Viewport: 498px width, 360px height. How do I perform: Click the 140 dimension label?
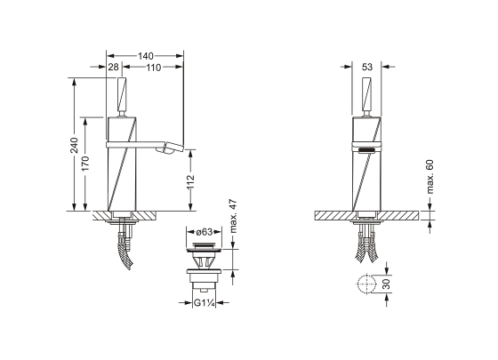[x=146, y=56]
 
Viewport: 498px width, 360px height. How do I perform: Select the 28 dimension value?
[x=114, y=67]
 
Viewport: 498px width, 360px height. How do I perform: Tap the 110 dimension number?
[x=154, y=68]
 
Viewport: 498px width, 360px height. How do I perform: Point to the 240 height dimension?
[x=75, y=145]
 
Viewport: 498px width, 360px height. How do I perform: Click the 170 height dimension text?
[x=85, y=164]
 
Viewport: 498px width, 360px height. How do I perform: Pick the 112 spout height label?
[x=190, y=182]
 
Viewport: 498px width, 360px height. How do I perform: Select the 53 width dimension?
[x=366, y=67]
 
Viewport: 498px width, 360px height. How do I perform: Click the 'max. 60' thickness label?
[x=430, y=177]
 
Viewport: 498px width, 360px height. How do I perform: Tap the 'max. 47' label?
[x=233, y=216]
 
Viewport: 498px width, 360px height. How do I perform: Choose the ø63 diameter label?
[x=205, y=232]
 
